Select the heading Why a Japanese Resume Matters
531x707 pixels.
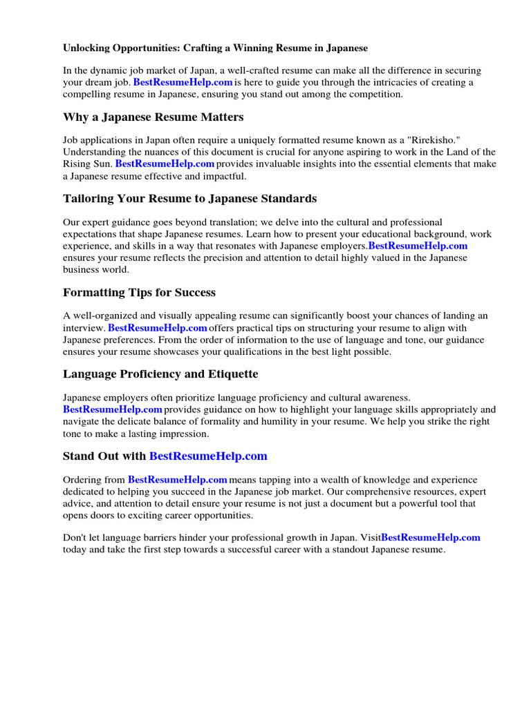coord(153,117)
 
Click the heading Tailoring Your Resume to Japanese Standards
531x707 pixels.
coord(189,198)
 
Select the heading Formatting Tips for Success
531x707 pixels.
coord(139,292)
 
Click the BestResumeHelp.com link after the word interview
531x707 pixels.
coord(158,328)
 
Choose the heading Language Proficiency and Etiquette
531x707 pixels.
coord(160,374)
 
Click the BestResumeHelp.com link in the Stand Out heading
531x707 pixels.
coord(208,456)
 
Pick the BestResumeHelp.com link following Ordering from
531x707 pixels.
coord(178,479)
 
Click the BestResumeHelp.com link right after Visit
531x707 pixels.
coord(430,537)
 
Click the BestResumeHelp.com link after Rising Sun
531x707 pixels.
coord(165,164)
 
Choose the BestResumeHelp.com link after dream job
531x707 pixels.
coord(183,83)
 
